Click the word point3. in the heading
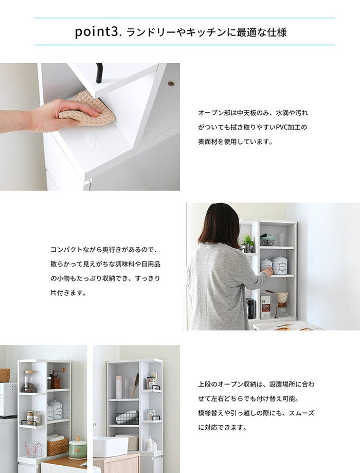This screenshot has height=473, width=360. (97, 32)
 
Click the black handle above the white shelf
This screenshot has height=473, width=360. (99, 73)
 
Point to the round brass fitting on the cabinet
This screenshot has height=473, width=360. (171, 83)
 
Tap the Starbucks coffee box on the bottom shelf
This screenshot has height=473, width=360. (265, 306)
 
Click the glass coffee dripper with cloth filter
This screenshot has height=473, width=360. (282, 304)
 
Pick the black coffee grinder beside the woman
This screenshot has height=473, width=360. (251, 308)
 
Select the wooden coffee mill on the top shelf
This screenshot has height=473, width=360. (55, 380)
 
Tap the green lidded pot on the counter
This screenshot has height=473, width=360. (78, 448)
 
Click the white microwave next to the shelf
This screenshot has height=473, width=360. (8, 398)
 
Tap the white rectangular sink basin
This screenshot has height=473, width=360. (111, 446)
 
